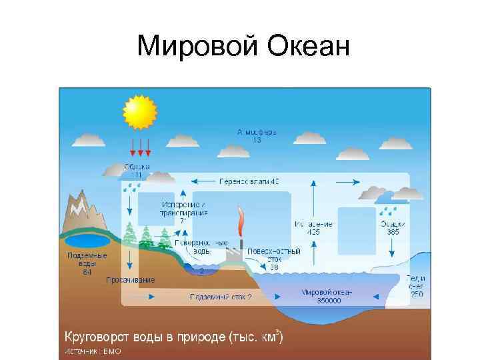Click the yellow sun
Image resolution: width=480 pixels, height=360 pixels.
139,111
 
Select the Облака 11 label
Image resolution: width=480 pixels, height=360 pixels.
137,170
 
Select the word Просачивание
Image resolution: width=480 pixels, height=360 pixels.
131,280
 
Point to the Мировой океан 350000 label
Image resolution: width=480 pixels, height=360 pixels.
327,296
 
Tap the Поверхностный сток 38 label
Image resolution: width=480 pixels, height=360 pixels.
274,259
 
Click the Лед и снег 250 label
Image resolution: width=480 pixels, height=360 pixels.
417,285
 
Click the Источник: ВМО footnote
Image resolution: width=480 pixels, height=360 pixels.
93,351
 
